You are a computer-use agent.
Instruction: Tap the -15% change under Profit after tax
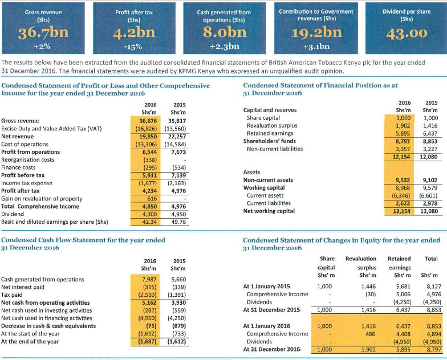click(x=135, y=47)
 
